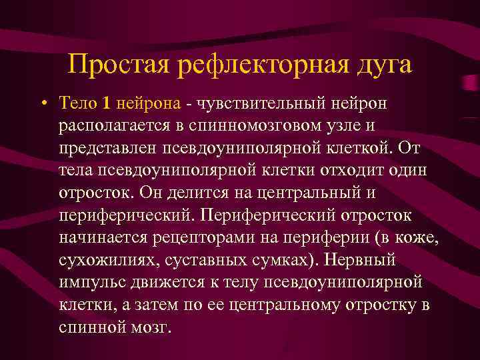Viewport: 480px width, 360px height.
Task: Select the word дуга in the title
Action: [381, 65]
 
